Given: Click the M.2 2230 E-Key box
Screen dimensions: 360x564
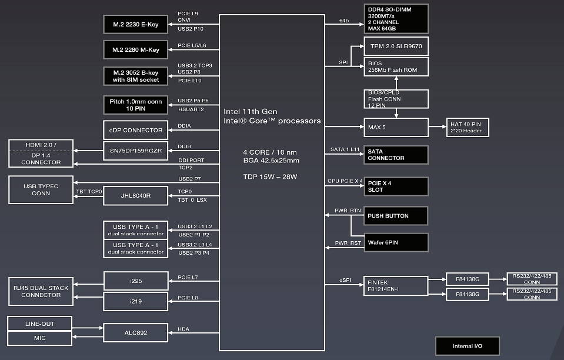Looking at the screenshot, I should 136,24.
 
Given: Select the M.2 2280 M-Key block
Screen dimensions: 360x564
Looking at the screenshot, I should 136,50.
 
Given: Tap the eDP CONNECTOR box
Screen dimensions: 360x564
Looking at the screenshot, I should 136,130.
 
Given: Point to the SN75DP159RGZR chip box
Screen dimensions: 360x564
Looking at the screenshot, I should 136,150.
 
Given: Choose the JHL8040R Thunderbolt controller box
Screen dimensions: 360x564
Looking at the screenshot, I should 136,196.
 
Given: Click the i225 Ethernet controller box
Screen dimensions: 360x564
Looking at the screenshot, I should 136,281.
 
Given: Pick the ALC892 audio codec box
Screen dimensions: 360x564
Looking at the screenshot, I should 136,332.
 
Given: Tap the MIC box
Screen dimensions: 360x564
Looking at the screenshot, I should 40,338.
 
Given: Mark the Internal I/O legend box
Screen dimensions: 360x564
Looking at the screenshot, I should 467,346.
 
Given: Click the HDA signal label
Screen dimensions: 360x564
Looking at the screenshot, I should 184,329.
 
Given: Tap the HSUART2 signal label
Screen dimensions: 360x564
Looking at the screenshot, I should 191,109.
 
